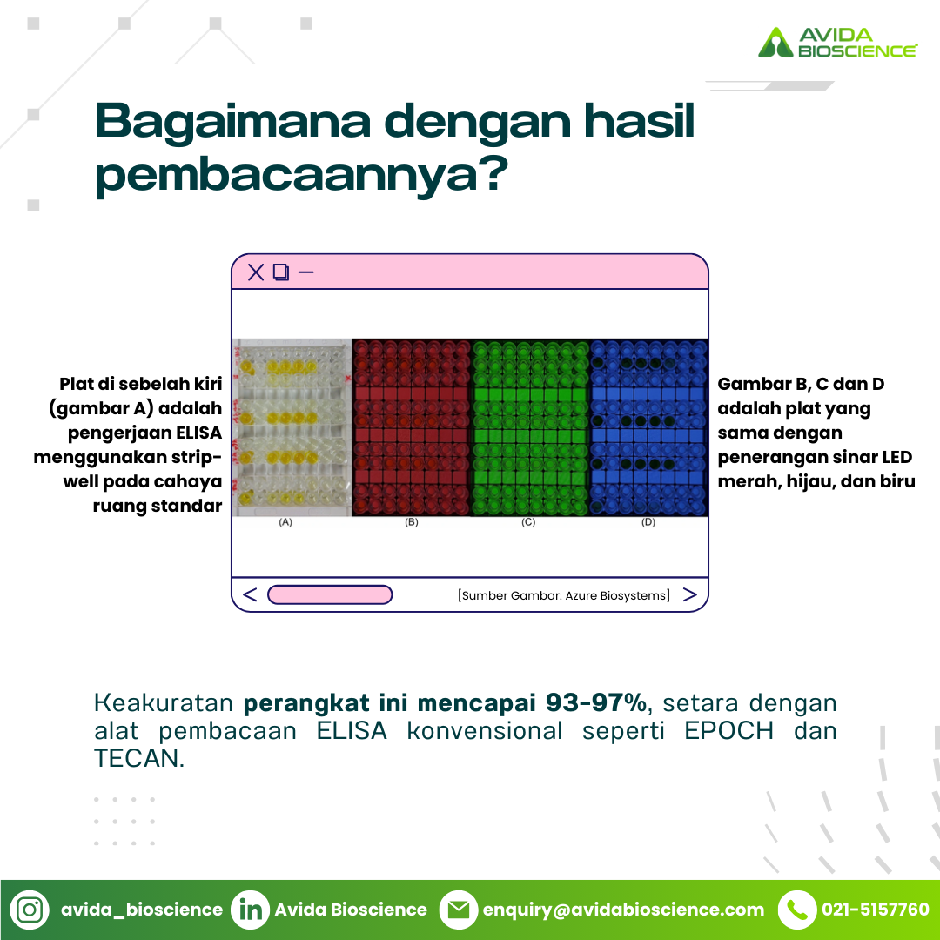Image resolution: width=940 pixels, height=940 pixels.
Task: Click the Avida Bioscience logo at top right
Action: click(x=837, y=43)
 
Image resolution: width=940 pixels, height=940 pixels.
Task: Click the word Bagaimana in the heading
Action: click(x=233, y=122)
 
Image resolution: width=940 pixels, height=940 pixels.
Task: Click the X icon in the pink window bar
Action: click(x=256, y=272)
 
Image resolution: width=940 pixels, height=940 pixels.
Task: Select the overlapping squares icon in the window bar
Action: click(x=281, y=272)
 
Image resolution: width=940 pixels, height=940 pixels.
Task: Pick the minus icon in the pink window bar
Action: click(x=305, y=272)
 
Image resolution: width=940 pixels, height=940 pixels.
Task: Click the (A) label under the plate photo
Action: click(x=285, y=522)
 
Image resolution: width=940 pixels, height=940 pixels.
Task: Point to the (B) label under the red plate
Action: click(x=411, y=522)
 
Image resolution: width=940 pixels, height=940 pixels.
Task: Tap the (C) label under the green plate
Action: click(x=528, y=522)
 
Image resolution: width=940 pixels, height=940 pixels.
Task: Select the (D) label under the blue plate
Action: click(x=648, y=522)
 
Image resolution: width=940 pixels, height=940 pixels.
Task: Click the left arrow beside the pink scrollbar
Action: click(x=250, y=594)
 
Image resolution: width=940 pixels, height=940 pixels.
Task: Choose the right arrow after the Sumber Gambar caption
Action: click(x=690, y=594)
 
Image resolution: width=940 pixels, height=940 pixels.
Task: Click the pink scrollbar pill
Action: click(x=330, y=594)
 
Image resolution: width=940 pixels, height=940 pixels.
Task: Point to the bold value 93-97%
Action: click(x=596, y=702)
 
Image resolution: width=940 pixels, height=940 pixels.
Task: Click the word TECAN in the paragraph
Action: click(x=137, y=758)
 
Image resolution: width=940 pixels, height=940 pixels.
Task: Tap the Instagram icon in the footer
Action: click(x=30, y=910)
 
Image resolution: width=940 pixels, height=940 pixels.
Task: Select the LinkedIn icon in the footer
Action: click(x=251, y=910)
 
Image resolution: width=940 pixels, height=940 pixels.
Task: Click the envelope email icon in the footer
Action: click(x=459, y=910)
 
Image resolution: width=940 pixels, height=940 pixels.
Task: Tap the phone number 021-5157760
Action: click(x=876, y=910)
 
